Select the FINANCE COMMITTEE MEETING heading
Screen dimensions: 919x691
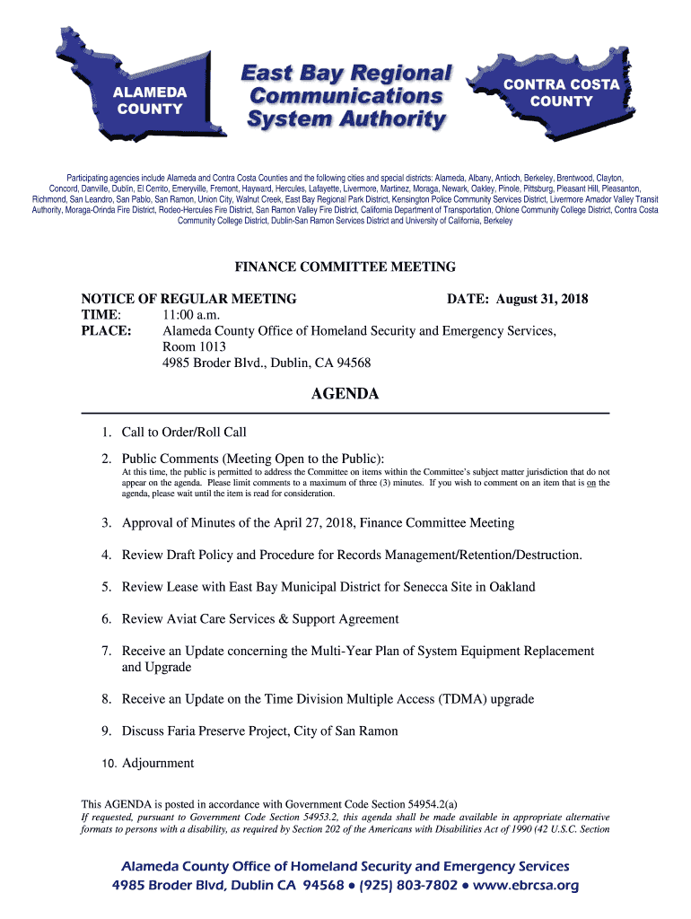point(345,267)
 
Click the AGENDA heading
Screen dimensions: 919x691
point(345,394)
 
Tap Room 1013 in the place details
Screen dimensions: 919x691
point(194,347)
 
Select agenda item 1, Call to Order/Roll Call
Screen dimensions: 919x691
point(184,433)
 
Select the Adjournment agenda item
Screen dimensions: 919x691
point(158,764)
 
